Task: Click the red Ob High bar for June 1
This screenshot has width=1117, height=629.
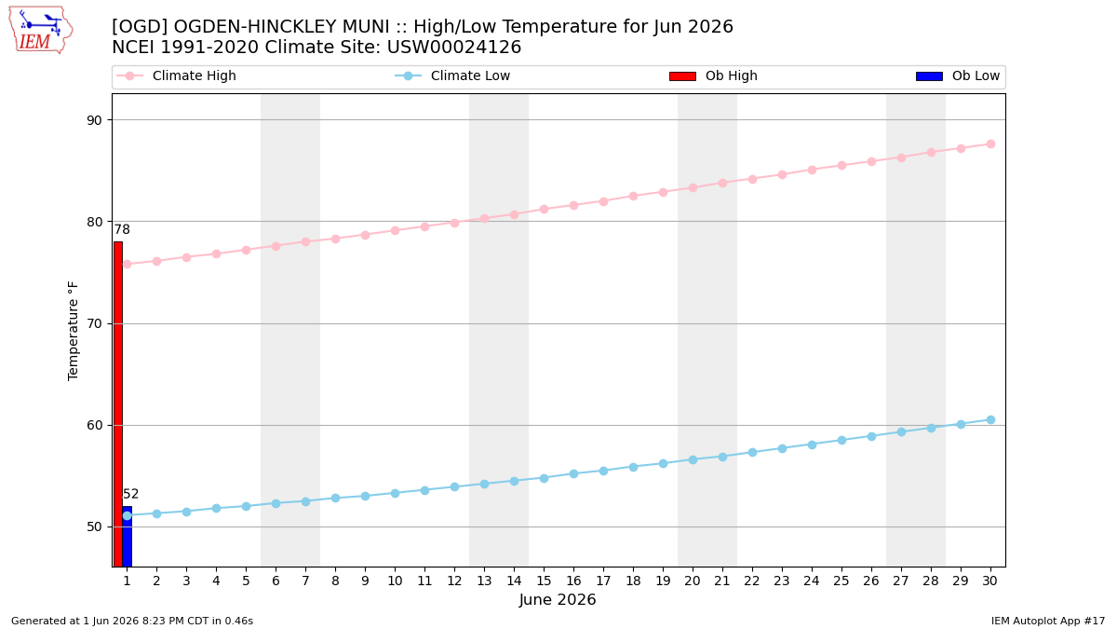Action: pyautogui.click(x=118, y=403)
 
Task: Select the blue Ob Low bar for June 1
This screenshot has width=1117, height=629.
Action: pyautogui.click(x=128, y=537)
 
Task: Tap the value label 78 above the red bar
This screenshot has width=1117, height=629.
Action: pyautogui.click(x=122, y=229)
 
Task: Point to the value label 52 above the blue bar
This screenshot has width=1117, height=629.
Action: pyautogui.click(x=130, y=494)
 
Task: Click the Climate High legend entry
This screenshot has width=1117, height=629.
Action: pyautogui.click(x=176, y=75)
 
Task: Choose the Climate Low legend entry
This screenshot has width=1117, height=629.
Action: pyautogui.click(x=452, y=75)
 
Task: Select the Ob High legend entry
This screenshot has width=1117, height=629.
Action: pyautogui.click(x=713, y=75)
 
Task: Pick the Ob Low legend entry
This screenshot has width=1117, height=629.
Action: pyautogui.click(x=958, y=75)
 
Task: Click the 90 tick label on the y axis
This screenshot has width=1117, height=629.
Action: pyautogui.click(x=94, y=120)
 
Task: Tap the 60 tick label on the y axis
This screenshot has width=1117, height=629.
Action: pyautogui.click(x=94, y=425)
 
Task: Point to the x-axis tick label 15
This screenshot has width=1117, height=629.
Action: pyautogui.click(x=544, y=581)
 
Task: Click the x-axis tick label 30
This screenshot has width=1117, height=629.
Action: pyautogui.click(x=989, y=581)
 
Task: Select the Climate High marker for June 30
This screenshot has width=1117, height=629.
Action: pyautogui.click(x=990, y=144)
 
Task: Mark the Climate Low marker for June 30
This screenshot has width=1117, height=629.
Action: pyautogui.click(x=990, y=420)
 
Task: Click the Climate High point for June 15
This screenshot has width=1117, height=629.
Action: pyautogui.click(x=544, y=209)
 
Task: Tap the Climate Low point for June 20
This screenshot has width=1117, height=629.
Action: pyautogui.click(x=693, y=459)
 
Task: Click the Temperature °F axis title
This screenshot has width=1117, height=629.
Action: pyautogui.click(x=73, y=331)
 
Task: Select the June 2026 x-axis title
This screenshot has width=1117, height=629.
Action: pyautogui.click(x=558, y=599)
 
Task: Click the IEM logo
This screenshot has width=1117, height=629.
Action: pyautogui.click(x=41, y=31)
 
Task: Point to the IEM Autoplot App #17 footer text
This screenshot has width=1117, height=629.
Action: pyautogui.click(x=1048, y=621)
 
